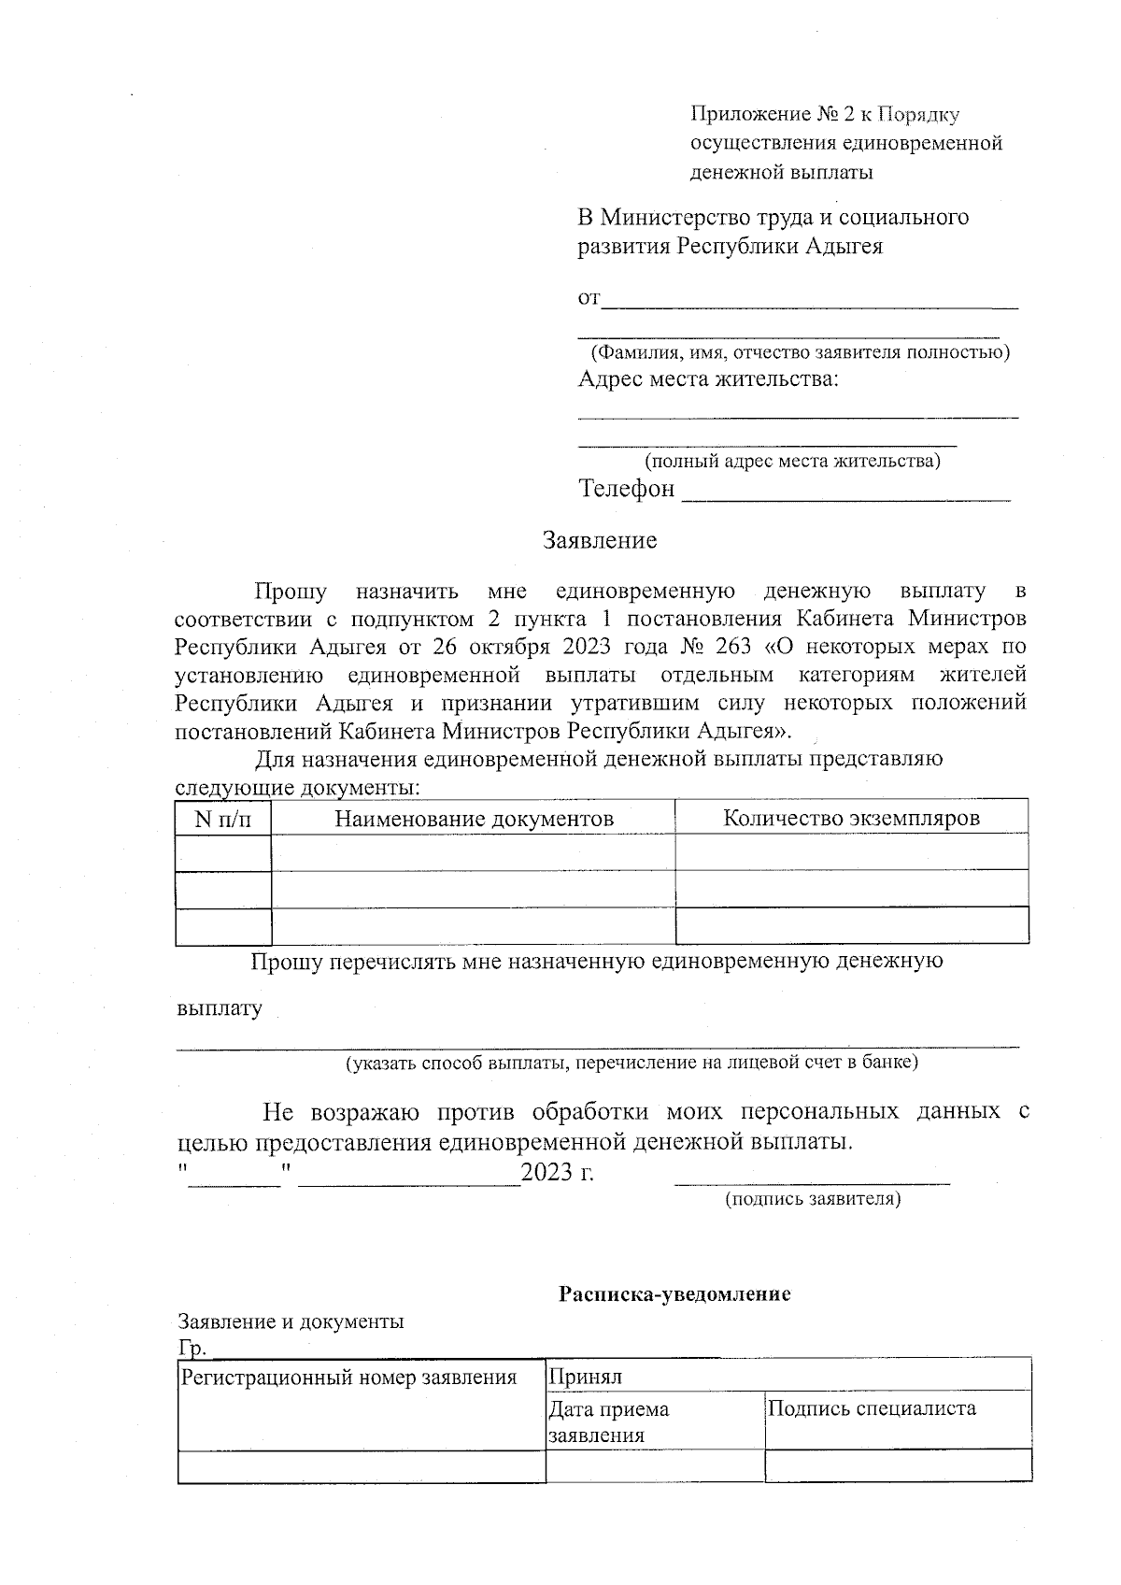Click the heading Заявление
pyautogui.click(x=600, y=540)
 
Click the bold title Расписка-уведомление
pyautogui.click(x=674, y=1294)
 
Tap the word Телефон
pyautogui.click(x=626, y=489)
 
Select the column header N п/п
pyautogui.click(x=222, y=820)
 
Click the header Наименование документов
pyautogui.click(x=474, y=820)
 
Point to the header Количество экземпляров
pyautogui.click(x=851, y=819)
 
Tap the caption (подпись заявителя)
pyautogui.click(x=813, y=1199)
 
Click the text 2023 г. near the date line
pyautogui.click(x=558, y=1172)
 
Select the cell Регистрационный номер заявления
pyautogui.click(x=348, y=1378)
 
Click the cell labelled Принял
pyautogui.click(x=585, y=1377)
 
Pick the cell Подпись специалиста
pyautogui.click(x=871, y=1408)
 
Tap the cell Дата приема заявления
pyautogui.click(x=609, y=1421)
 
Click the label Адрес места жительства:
pyautogui.click(x=708, y=379)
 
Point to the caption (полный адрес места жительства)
pyautogui.click(x=792, y=461)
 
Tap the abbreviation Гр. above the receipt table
pyautogui.click(x=192, y=1349)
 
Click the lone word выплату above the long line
pyautogui.click(x=220, y=1009)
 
